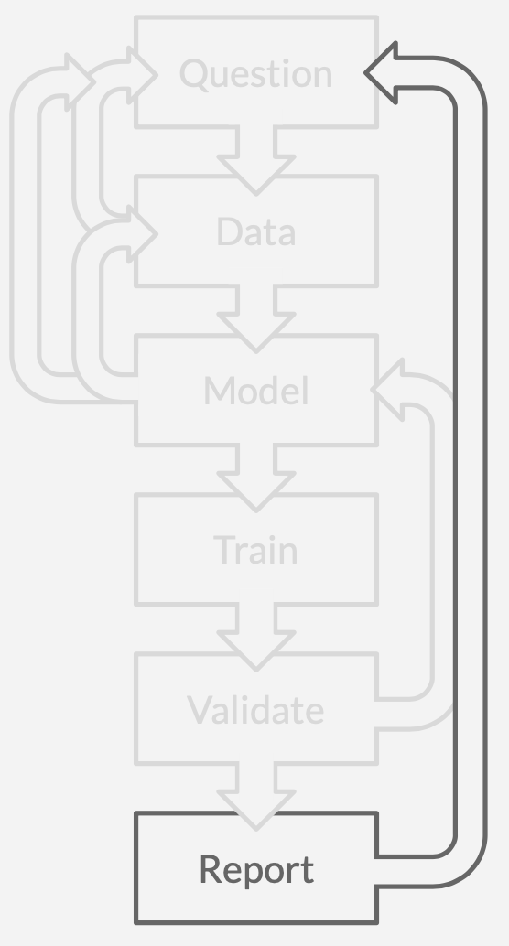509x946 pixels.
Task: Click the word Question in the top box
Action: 256,74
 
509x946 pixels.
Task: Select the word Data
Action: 256,232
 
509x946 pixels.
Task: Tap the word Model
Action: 256,391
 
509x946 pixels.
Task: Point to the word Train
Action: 256,550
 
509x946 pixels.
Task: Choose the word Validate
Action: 255,710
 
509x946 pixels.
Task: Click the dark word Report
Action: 256,869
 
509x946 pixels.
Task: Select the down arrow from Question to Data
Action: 256,160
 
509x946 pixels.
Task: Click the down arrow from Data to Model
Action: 256,318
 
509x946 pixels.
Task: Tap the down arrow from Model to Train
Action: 256,478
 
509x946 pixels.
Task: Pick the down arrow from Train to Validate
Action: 256,637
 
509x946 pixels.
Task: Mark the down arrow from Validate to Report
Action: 256,796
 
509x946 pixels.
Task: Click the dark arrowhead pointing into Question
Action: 381,73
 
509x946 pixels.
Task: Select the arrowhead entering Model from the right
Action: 388,390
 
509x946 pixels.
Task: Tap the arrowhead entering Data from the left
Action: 143,233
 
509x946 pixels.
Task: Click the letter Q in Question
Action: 193,74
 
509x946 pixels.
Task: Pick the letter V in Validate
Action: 200,710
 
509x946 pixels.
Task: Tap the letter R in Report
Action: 211,869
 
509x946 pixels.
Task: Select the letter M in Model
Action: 219,391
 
